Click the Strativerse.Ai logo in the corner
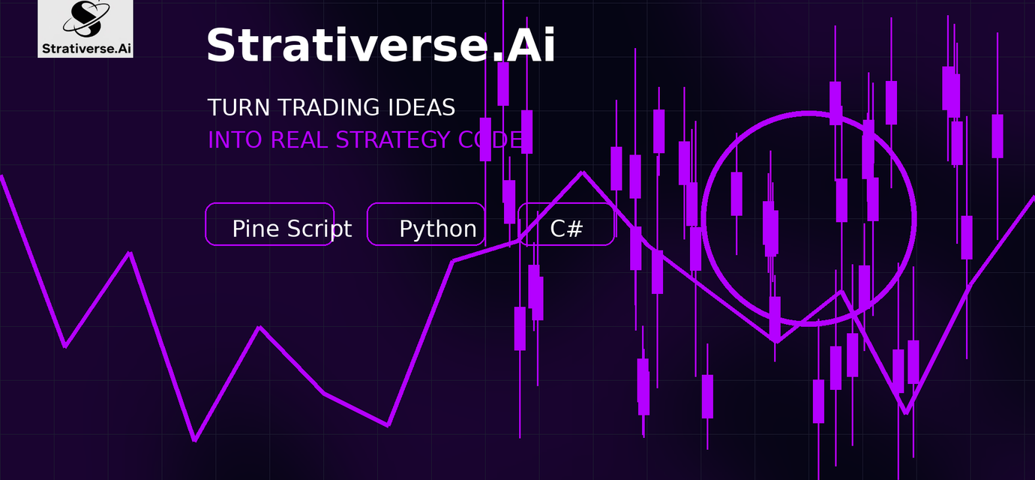coord(85,28)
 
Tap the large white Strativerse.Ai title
coord(381,45)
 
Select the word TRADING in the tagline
coord(328,107)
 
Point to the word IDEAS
coord(421,107)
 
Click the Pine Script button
coord(270,224)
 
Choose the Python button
coord(426,224)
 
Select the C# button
coord(566,224)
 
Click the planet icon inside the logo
coord(86,19)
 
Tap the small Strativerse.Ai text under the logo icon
coord(86,49)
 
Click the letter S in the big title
coord(223,45)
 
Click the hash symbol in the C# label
coord(575,229)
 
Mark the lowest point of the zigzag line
coord(194,440)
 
